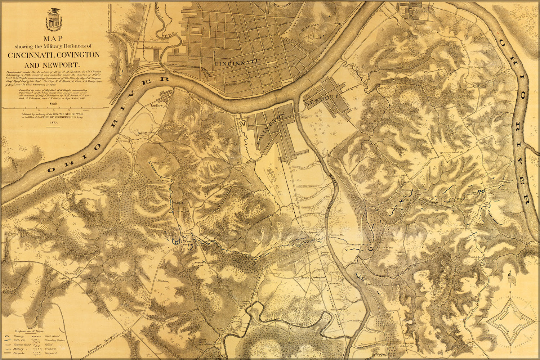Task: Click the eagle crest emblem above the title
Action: tap(54, 20)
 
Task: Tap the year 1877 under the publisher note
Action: tap(54, 123)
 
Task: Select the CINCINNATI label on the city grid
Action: tap(236, 63)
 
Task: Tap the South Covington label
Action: tap(313, 278)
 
